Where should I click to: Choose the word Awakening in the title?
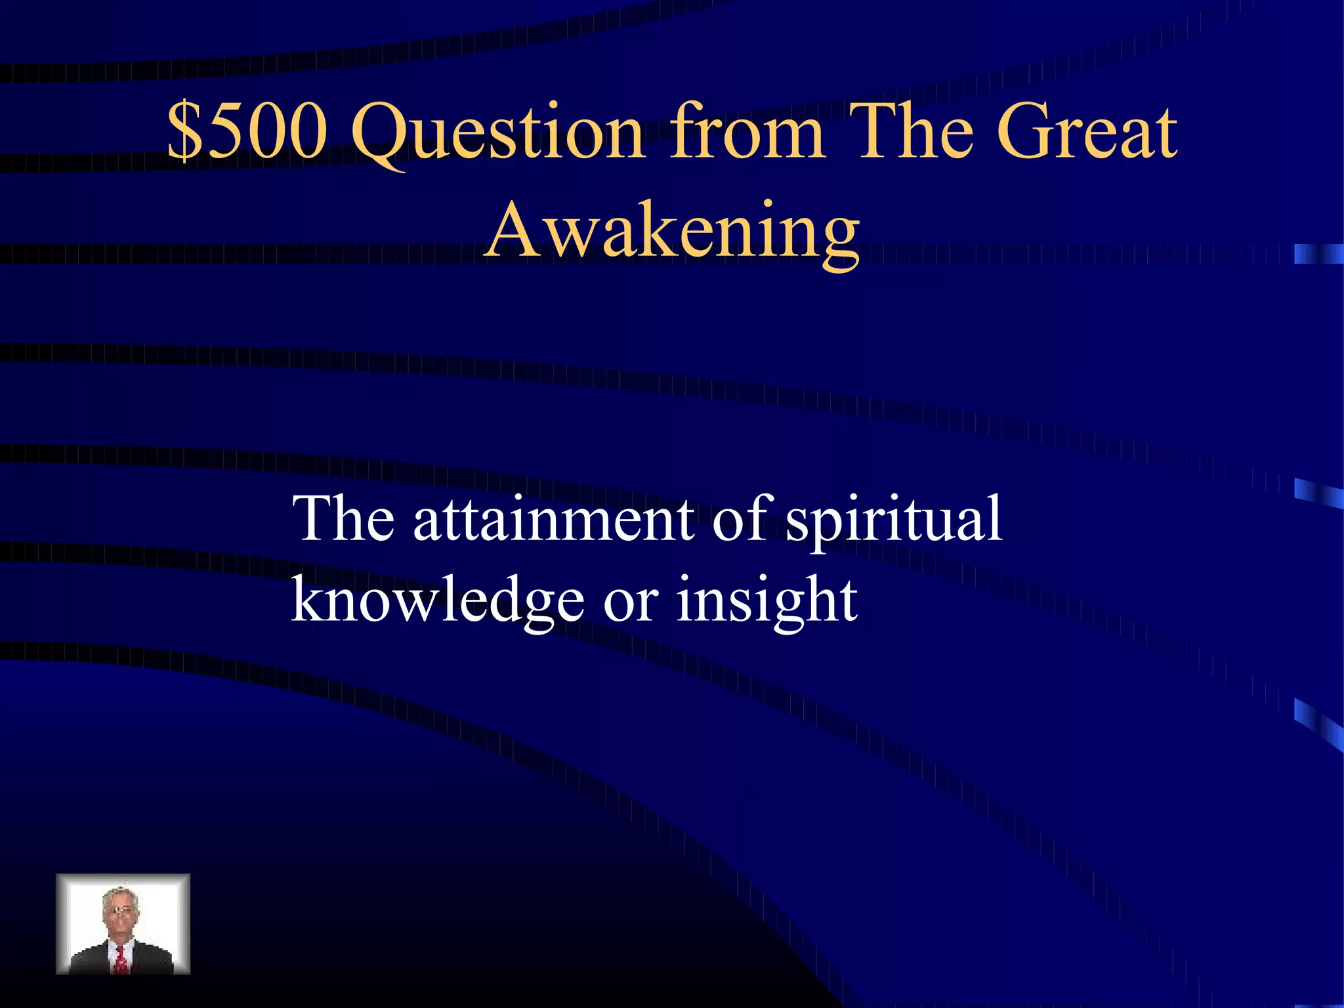pos(672,233)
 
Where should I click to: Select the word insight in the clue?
pos(766,600)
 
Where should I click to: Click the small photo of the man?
pos(123,923)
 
